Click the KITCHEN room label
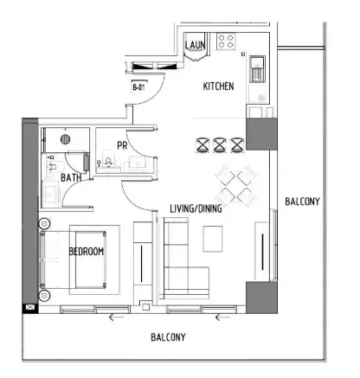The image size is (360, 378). click(x=218, y=86)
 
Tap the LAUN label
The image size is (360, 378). click(x=196, y=45)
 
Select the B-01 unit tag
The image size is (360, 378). click(x=138, y=87)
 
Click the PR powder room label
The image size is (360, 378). click(x=122, y=145)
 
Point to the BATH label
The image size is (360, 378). click(x=71, y=178)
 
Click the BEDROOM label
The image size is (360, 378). click(x=87, y=252)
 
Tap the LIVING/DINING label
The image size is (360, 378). click(x=196, y=208)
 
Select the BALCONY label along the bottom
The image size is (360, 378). click(x=168, y=337)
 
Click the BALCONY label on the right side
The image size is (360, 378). click(x=302, y=202)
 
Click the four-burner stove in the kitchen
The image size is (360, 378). click(x=226, y=41)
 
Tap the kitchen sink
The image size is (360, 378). click(x=257, y=68)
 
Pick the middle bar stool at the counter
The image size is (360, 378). click(x=219, y=145)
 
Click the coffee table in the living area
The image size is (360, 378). click(x=213, y=239)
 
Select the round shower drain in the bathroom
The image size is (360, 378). click(x=66, y=139)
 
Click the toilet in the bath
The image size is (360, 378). click(x=52, y=166)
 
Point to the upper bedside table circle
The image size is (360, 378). click(x=44, y=223)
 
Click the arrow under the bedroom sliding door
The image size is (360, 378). click(x=116, y=317)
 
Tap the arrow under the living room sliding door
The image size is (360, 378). click(x=222, y=317)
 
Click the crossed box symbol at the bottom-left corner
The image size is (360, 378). click(x=30, y=308)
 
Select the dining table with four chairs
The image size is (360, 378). click(x=236, y=186)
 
